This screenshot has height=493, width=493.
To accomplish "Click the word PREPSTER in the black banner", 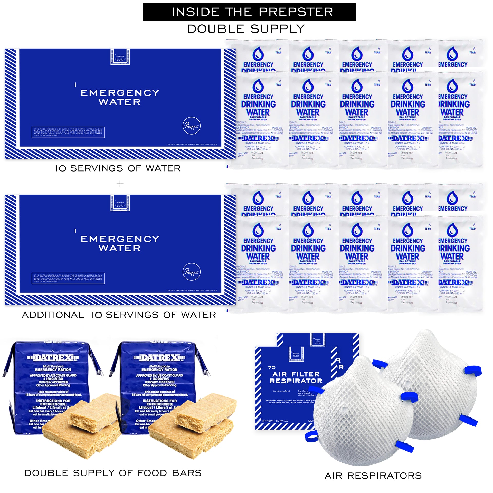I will (296, 12).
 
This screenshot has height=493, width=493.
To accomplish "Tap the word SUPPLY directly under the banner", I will (278, 29).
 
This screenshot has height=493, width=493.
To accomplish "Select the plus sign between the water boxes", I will (120, 184).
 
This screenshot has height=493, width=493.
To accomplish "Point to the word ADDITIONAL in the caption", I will (53, 315).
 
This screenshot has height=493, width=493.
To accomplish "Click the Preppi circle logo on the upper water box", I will (192, 126).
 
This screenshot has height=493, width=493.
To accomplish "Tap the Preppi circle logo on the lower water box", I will (192, 272).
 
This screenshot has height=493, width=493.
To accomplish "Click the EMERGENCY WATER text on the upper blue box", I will (120, 97).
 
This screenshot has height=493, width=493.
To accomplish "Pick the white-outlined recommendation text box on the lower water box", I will (68, 278).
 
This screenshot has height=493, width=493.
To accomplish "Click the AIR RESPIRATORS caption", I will (373, 476).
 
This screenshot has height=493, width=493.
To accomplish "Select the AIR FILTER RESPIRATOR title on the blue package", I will (296, 377).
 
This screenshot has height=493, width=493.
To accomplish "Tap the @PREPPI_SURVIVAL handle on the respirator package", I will (275, 421).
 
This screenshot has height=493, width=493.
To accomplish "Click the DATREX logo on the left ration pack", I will (53, 358).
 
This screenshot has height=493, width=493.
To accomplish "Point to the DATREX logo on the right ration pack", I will (159, 358).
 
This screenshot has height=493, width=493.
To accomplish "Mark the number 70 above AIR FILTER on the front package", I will (272, 368).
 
